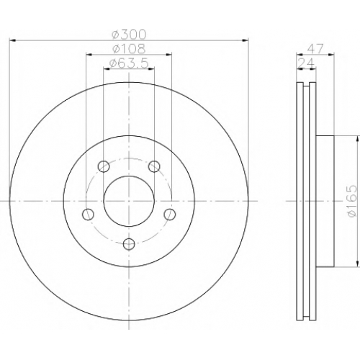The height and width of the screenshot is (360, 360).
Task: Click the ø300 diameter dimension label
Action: pos(129,35)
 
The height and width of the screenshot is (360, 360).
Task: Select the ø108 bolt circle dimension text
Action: pos(129,49)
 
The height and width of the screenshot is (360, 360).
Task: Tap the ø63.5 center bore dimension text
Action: pos(129,63)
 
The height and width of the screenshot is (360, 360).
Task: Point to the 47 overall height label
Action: pos(315,49)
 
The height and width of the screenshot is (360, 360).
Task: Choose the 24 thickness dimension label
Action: pos(306,63)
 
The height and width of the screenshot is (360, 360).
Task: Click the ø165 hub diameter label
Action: pos(352,201)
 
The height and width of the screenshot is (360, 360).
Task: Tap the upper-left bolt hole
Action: pos(104,166)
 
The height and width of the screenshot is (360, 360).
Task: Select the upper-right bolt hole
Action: pos(154,166)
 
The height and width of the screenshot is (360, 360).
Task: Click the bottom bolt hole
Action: pos(129,244)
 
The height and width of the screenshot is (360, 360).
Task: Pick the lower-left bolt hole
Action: pos(88,215)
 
